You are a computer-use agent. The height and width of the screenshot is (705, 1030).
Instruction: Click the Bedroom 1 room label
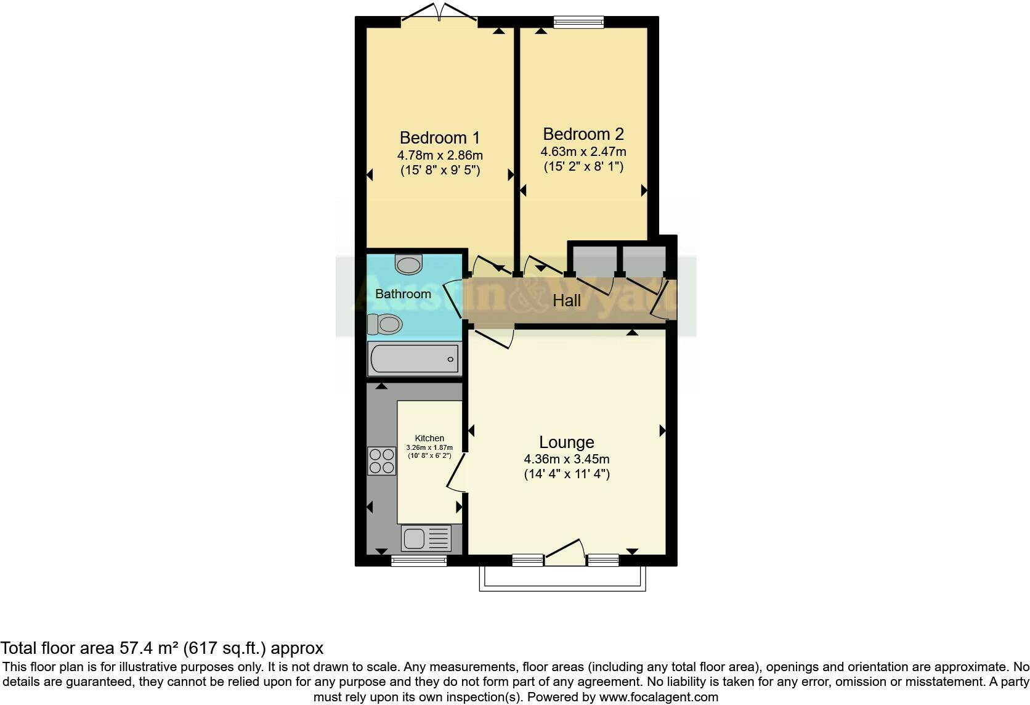[x=439, y=137]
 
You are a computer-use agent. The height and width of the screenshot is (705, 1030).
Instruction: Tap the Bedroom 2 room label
[x=583, y=134]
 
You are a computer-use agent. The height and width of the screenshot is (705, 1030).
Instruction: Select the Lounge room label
[x=566, y=442]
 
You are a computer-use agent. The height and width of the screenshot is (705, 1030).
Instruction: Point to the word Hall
[x=566, y=301]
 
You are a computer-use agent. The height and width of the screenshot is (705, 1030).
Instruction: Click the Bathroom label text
[x=403, y=294]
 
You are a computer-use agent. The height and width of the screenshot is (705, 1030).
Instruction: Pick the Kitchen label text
[x=429, y=438]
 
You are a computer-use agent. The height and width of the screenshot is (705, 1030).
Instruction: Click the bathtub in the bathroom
[x=414, y=359]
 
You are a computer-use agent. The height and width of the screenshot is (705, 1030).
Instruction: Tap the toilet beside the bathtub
[x=384, y=324]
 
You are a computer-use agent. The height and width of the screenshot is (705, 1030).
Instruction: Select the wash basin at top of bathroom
[x=408, y=264]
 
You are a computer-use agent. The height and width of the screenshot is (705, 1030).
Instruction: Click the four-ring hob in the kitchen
[x=381, y=461]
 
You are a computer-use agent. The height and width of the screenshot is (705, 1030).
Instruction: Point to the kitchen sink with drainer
[x=426, y=538]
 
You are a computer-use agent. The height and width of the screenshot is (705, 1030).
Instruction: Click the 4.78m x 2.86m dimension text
[x=440, y=155]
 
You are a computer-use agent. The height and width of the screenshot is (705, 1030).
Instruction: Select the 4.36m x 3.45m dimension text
[x=566, y=459]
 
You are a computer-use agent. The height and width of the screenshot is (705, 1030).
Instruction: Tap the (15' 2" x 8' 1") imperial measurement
[x=583, y=166]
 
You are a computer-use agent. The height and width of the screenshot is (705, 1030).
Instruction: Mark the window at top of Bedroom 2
[x=578, y=23]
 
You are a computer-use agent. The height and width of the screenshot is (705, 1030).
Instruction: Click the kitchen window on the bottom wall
[x=419, y=560]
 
